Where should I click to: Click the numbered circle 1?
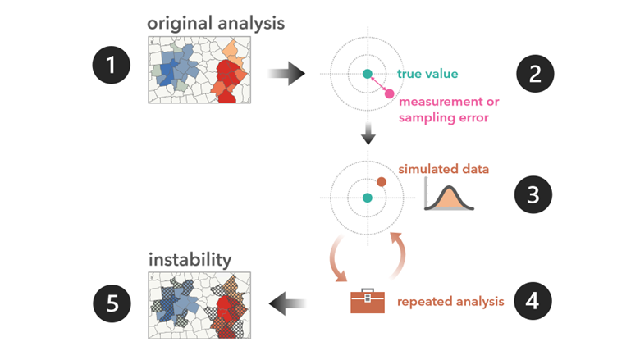click(112, 66)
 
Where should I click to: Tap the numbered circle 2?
click(535, 74)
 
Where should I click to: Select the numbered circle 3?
click(535, 195)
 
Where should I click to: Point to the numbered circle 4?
click(533, 301)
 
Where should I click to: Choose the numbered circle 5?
click(112, 303)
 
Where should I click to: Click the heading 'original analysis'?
click(216, 22)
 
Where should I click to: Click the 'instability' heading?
click(190, 260)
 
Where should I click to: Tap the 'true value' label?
click(427, 74)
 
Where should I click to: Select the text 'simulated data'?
click(444, 169)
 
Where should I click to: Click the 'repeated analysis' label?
click(450, 302)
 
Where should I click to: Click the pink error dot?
click(389, 93)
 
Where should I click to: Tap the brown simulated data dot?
click(382, 181)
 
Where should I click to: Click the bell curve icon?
click(450, 197)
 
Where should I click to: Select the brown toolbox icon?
click(367, 301)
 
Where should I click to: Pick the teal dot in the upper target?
click(368, 74)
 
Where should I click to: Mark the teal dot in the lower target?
click(368, 198)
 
